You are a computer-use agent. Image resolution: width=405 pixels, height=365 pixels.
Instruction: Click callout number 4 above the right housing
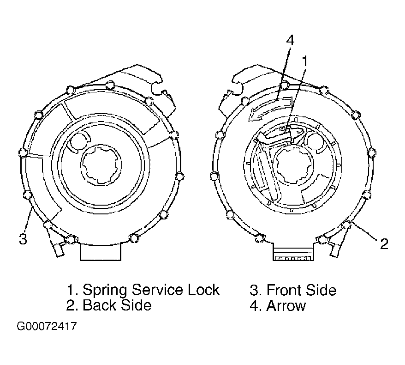[290, 41]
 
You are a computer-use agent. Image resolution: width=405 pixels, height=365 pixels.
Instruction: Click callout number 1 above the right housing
[305, 61]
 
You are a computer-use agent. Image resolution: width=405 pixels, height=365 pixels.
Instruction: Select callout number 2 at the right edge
[384, 243]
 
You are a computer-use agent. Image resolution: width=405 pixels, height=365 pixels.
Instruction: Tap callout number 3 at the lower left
[23, 239]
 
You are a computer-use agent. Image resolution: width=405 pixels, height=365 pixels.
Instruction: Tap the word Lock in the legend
[203, 290]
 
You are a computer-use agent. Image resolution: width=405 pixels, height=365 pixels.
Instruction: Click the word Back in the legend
[99, 305]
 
